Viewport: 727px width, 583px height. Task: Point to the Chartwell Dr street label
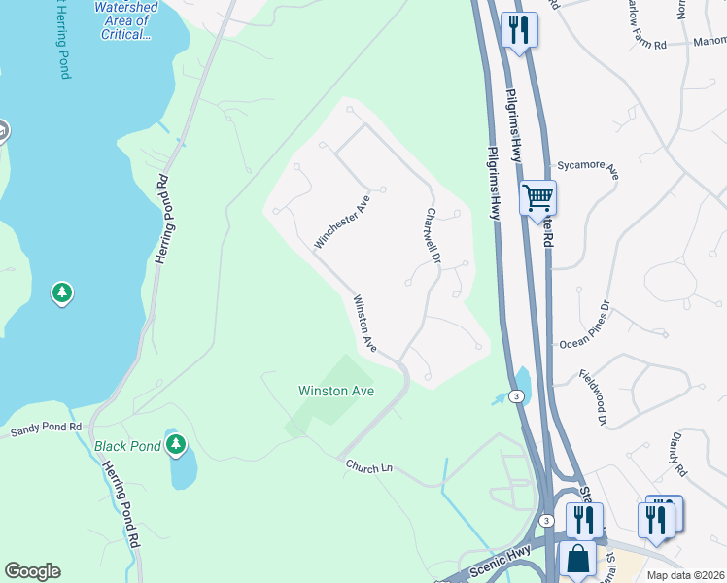point(433,236)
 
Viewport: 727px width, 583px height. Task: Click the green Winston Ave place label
point(336,391)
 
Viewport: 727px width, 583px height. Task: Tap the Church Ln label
point(369,468)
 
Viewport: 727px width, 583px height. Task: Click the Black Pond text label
point(125,446)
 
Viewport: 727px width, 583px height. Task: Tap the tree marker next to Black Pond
point(175,445)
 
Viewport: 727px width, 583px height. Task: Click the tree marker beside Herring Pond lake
point(62,291)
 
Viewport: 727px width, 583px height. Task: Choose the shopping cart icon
point(537,198)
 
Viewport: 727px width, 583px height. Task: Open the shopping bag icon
point(577,560)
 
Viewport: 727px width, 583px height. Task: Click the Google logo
point(32,571)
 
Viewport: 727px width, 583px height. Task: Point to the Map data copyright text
point(684,575)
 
